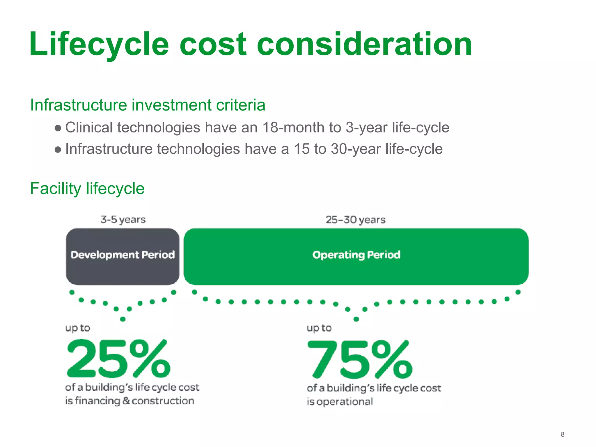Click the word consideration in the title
pyautogui.click(x=364, y=44)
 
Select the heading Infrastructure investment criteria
pyautogui.click(x=148, y=105)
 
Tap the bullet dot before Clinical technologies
pyautogui.click(x=58, y=128)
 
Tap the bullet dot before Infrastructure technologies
pyautogui.click(x=58, y=150)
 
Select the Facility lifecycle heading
pyautogui.click(x=87, y=188)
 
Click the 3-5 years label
pyautogui.click(x=123, y=219)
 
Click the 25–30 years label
pyautogui.click(x=355, y=219)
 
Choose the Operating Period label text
pyautogui.click(x=356, y=255)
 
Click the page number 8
pyautogui.click(x=563, y=434)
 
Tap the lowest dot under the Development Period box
pyautogui.click(x=123, y=319)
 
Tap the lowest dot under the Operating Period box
pyautogui.click(x=356, y=319)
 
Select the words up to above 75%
pyautogui.click(x=319, y=328)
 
